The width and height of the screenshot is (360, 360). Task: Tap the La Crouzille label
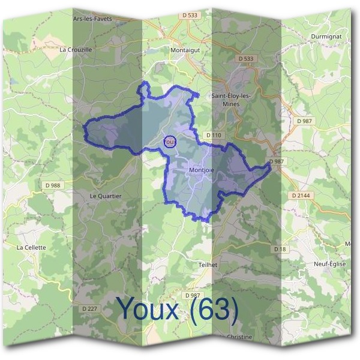click(76, 50)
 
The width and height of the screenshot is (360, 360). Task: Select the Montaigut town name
click(185, 51)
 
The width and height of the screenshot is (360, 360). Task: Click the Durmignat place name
click(326, 37)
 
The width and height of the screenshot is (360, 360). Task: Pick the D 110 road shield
click(213, 136)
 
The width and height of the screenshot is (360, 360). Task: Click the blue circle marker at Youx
click(169, 142)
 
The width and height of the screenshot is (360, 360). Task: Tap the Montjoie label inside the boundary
click(201, 170)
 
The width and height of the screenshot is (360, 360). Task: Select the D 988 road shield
click(53, 185)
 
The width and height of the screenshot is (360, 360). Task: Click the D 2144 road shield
click(299, 196)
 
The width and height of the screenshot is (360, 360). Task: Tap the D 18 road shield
click(278, 248)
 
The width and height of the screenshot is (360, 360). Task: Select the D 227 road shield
click(88, 308)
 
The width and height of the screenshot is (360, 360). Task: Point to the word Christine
click(240, 337)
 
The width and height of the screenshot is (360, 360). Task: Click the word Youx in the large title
click(148, 308)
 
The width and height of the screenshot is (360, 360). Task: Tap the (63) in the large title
click(212, 308)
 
